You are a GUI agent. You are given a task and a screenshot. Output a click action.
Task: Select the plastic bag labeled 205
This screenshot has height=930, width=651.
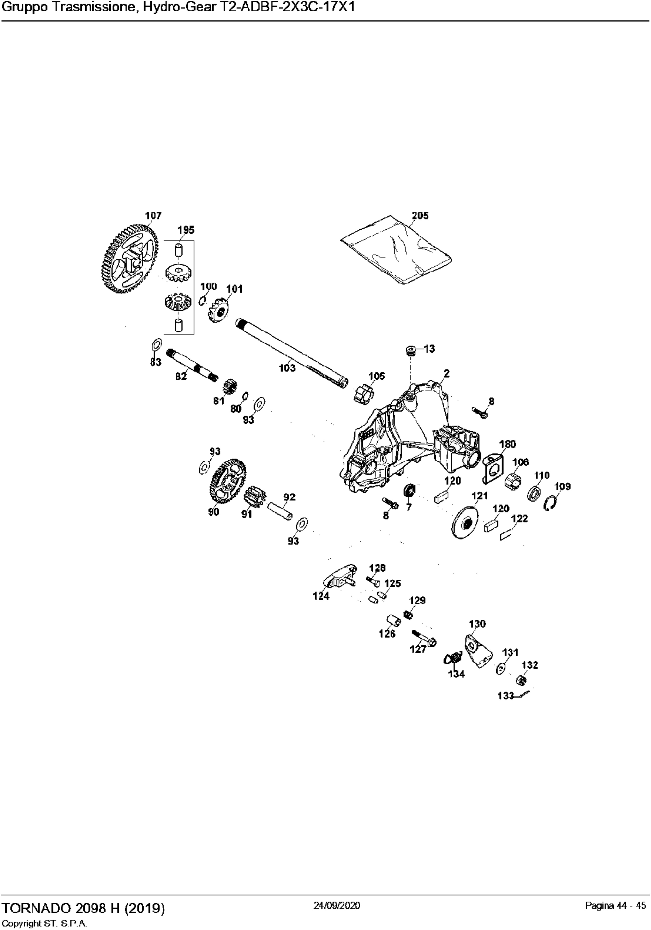(396, 250)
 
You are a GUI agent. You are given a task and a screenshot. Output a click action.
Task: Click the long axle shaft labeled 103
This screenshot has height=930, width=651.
(292, 353)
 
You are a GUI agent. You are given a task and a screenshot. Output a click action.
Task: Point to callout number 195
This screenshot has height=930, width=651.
(186, 230)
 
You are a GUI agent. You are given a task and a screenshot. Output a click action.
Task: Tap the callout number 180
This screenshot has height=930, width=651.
(508, 444)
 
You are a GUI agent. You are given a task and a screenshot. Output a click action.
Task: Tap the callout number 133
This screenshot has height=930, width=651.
(506, 696)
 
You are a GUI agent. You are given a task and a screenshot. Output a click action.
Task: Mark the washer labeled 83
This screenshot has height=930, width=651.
(156, 345)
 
